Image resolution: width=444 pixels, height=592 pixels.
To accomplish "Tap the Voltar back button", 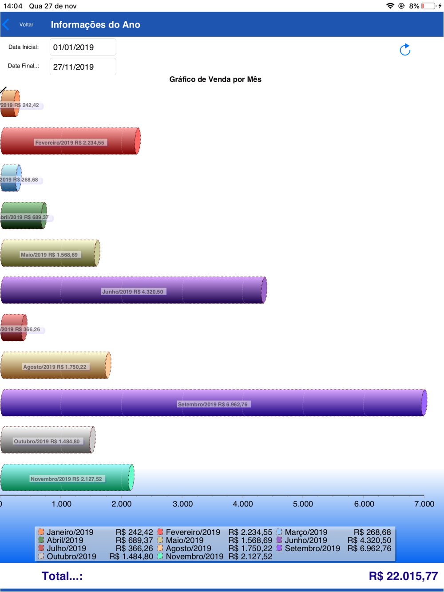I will [20, 25].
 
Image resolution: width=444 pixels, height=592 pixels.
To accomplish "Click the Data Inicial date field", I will [83, 47].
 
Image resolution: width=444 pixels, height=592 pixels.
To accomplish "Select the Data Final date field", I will [83, 67].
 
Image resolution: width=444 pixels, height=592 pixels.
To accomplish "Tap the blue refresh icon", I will [404, 50].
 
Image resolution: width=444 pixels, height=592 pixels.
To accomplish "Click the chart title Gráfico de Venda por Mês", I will [215, 79].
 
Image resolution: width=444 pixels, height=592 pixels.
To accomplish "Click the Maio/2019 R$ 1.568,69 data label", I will [49, 255].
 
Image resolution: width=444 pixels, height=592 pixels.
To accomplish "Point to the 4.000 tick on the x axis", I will [243, 504].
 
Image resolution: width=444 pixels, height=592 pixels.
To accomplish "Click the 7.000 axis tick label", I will [424, 504].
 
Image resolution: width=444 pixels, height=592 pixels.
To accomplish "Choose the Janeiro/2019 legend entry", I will [70, 532].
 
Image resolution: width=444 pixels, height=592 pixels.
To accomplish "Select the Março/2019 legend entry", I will [305, 532].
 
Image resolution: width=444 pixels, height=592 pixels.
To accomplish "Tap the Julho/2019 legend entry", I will [66, 549].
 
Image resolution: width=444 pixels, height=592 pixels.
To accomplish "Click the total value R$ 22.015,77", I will [403, 576].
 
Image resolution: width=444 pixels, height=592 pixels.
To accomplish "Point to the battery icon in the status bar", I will [428, 6].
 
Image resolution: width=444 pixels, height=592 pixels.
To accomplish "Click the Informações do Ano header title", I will [95, 25].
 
